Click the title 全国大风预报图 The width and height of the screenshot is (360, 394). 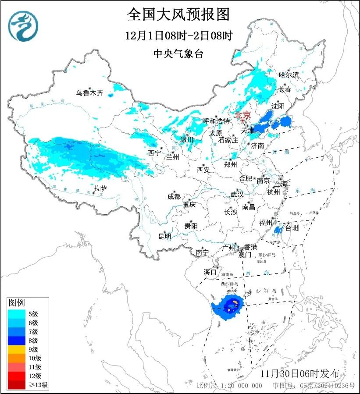click(178, 14)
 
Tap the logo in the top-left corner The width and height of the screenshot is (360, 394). click(23, 25)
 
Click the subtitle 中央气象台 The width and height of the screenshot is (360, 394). click(178, 54)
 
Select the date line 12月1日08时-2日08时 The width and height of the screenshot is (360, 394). click(178, 35)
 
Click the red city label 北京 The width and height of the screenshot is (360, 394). click(242, 115)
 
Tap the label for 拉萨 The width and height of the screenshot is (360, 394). click(100, 188)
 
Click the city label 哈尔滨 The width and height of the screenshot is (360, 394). click(289, 75)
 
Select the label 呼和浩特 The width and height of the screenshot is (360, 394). click(216, 121)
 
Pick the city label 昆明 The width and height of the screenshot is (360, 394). click(165, 236)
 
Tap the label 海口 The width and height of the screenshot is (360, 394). click(210, 272)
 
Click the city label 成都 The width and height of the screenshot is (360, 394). click(174, 197)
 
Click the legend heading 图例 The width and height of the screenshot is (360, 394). click(17, 303)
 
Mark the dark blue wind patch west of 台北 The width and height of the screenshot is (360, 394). click(278, 230)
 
